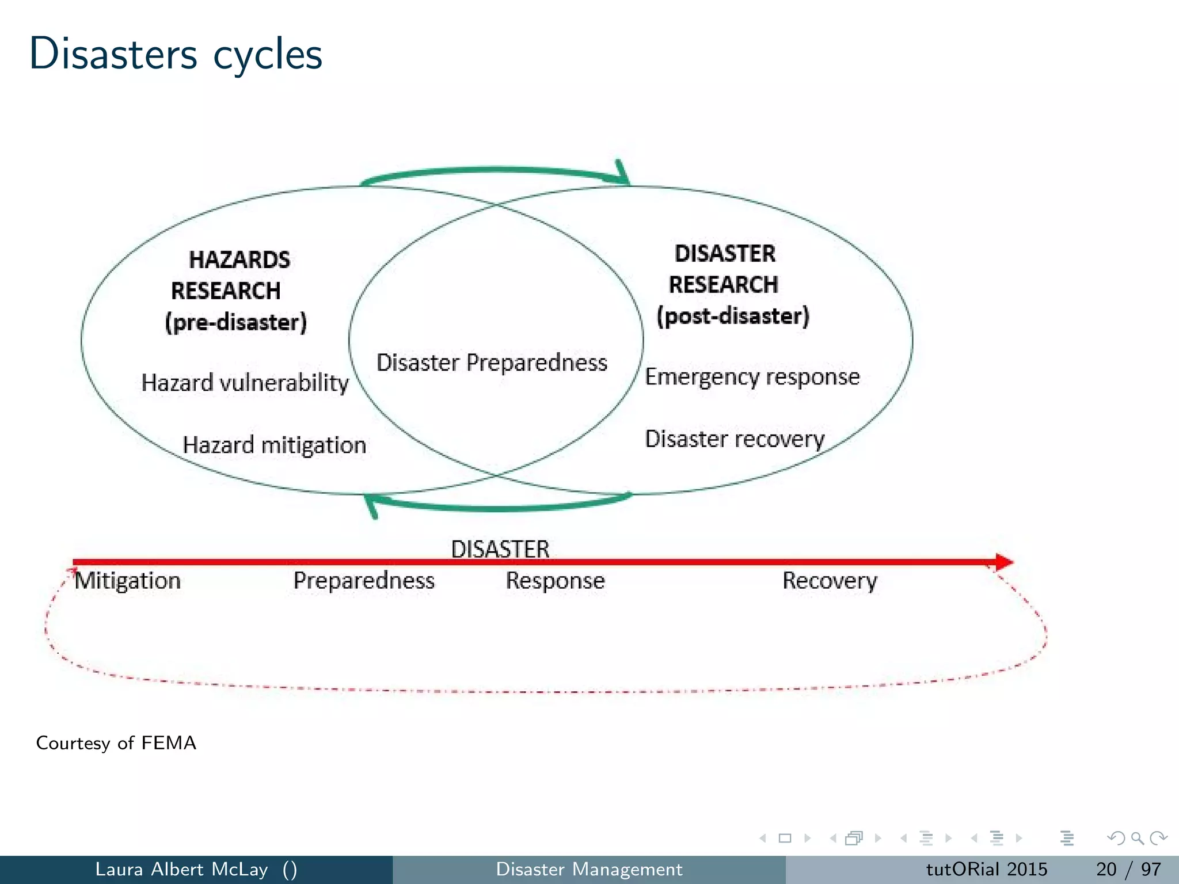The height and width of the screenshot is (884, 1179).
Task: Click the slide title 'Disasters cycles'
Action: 176,54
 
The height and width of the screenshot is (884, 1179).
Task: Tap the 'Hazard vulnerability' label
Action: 245,383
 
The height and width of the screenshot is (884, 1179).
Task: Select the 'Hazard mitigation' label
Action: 274,445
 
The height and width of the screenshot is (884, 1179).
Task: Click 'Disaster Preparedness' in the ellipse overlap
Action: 492,363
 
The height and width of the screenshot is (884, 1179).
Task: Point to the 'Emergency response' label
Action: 752,377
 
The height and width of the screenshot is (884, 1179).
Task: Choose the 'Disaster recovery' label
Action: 735,439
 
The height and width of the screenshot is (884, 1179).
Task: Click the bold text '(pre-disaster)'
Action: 236,322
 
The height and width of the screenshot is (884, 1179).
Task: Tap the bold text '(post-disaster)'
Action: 733,316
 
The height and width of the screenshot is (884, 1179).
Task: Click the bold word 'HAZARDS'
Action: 239,260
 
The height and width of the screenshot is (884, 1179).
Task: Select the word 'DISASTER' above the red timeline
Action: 500,548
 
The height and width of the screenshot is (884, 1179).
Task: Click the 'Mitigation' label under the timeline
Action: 128,581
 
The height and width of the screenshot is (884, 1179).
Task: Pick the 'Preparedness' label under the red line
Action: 364,581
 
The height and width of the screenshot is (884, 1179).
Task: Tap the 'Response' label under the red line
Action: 555,581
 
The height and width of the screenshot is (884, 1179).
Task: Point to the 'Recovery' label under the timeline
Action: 830,581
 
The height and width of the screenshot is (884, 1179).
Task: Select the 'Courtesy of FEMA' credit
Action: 116,743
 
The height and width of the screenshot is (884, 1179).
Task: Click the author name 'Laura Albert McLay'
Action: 181,869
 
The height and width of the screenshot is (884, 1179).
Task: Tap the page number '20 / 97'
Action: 1128,869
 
